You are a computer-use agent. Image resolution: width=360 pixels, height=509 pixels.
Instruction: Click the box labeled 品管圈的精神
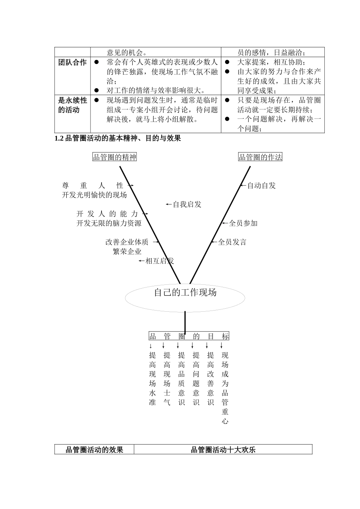tap(114, 157)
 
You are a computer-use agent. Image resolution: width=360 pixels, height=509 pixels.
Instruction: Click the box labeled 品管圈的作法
tap(260, 157)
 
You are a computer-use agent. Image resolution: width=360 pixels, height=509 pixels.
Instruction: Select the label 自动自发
tap(261, 186)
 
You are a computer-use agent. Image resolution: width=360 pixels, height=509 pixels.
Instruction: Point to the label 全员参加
tap(243, 223)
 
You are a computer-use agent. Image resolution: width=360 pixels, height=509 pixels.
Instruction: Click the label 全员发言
tap(232, 242)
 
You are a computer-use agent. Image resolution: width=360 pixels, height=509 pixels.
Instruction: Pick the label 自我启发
tap(187, 205)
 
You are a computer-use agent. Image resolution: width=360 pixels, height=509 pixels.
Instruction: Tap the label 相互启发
tap(160, 261)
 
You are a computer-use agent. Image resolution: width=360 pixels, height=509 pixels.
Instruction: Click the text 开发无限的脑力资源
tap(109, 223)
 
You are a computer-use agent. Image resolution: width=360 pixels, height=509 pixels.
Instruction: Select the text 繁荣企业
tap(127, 251)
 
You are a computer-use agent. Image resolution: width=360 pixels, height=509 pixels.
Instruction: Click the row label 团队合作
tap(72, 62)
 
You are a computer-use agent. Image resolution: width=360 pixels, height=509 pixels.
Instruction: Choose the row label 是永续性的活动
tap(72, 105)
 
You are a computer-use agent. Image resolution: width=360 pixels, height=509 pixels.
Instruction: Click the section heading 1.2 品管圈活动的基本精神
tap(118, 138)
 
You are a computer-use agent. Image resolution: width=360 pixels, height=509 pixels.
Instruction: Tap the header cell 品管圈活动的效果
tap(94, 450)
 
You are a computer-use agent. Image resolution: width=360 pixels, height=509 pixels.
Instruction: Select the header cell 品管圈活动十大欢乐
tap(223, 450)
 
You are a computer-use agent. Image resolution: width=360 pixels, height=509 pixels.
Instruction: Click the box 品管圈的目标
tap(189, 336)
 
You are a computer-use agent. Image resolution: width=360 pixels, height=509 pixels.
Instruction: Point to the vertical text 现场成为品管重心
tap(225, 388)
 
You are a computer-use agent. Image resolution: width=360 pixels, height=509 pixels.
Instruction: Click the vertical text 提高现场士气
tap(167, 378)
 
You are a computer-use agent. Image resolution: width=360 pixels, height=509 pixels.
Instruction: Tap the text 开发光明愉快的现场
tap(94, 195)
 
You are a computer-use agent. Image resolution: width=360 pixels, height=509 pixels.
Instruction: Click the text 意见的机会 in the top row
tap(127, 53)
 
